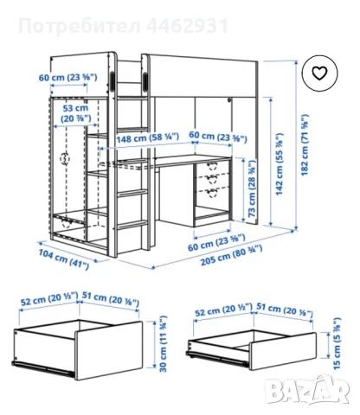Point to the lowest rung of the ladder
pos(129,226)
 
